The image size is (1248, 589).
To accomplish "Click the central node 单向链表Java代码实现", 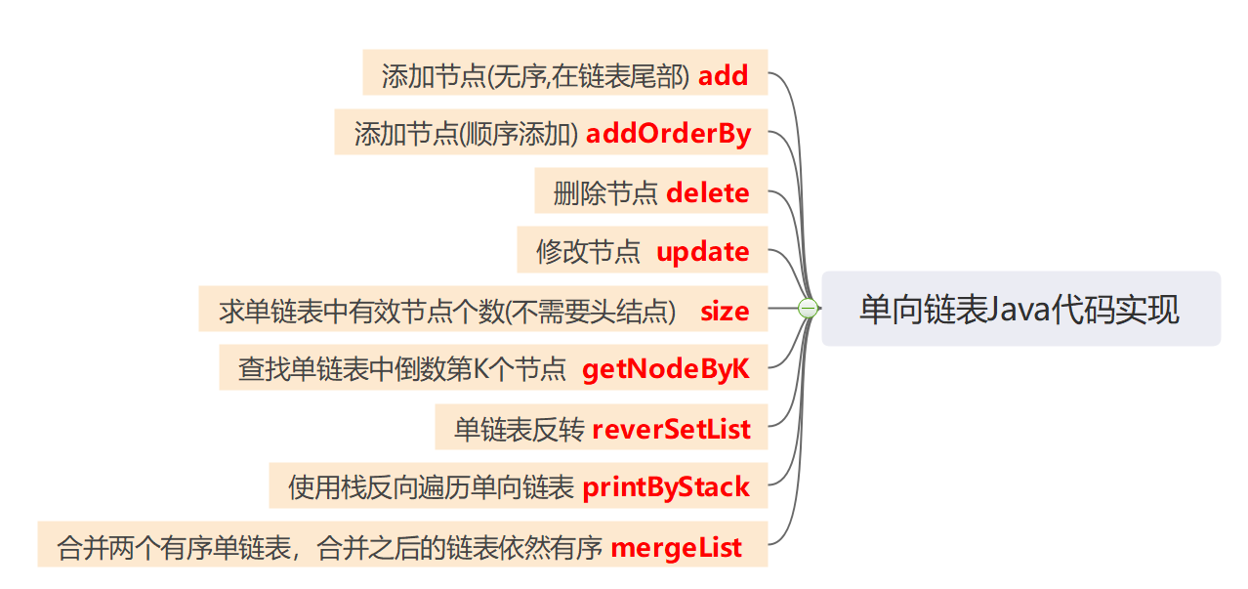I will (x=1020, y=309).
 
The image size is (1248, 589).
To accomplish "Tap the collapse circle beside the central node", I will (x=808, y=309).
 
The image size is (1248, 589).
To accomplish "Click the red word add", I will (x=724, y=75).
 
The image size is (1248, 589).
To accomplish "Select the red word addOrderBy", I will (x=668, y=134).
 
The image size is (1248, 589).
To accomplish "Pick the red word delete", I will (x=708, y=192).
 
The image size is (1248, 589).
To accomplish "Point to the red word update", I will (x=703, y=252).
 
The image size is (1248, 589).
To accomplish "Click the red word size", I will (x=725, y=312).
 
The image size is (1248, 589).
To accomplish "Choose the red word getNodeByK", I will (x=666, y=369).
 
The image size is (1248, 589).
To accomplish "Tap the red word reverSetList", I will (x=672, y=429).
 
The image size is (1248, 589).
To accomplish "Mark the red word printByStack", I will (x=666, y=487).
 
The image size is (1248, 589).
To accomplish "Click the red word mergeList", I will (x=676, y=548).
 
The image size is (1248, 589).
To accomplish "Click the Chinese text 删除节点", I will (x=605, y=193).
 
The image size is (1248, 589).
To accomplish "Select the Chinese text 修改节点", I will (x=588, y=252).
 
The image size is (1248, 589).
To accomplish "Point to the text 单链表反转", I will (x=519, y=430).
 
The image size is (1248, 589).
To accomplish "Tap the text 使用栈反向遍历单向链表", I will (x=431, y=488).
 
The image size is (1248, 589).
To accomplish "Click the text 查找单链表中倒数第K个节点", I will (x=402, y=370).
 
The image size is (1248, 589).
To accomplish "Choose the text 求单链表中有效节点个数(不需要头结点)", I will (x=448, y=312).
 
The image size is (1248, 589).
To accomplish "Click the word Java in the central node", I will (x=1018, y=309).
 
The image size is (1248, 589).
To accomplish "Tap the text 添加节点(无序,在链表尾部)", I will (x=536, y=76).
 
